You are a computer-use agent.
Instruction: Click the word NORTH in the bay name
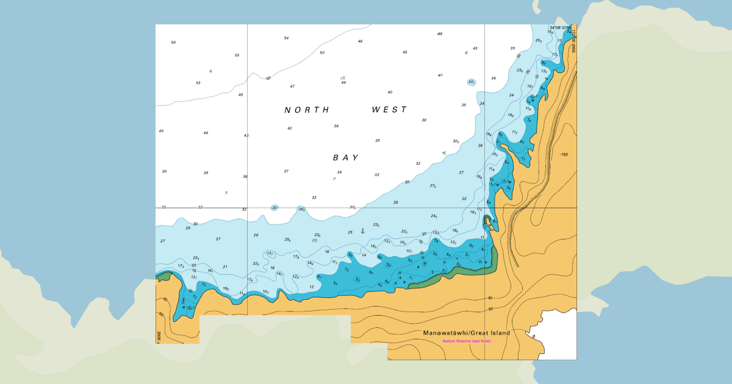tap(307, 110)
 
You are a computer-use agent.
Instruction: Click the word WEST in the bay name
tap(389, 110)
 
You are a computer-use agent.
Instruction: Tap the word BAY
tap(346, 157)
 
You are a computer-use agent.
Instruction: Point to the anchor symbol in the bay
tap(362, 230)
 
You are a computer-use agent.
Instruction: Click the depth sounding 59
tap(173, 43)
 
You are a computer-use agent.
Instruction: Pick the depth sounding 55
tap(237, 55)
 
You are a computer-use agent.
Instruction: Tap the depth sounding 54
tap(286, 38)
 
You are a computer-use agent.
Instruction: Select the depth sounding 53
tap(198, 83)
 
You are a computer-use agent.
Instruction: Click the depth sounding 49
tap(240, 95)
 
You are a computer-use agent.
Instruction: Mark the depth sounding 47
tap(292, 87)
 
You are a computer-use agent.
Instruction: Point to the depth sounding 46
tap(206, 133)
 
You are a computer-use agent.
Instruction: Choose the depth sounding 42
tap(290, 129)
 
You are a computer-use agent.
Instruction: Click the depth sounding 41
tap(440, 76)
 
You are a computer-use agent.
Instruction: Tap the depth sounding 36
tap(424, 120)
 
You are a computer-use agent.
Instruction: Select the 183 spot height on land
tap(564, 155)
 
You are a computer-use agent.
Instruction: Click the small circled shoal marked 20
tap(472, 82)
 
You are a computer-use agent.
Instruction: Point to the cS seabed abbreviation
tap(343, 78)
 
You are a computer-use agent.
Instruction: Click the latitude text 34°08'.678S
tap(560, 28)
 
